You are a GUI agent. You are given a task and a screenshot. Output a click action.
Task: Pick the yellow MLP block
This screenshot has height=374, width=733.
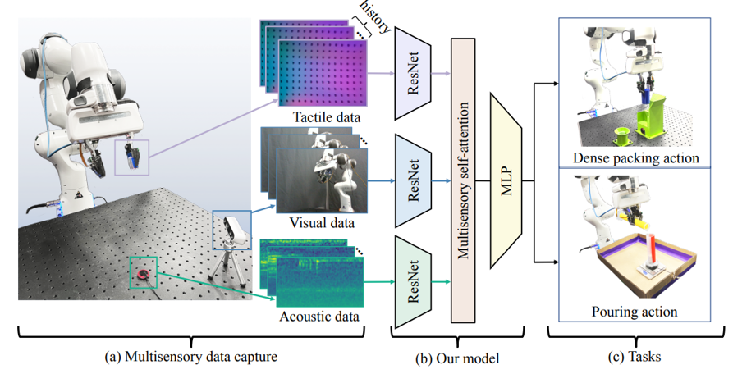pyautogui.click(x=506, y=180)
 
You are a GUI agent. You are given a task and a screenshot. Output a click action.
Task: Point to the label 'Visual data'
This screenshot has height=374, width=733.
pyautogui.click(x=322, y=221)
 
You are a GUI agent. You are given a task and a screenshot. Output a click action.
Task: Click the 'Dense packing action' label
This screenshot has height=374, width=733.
pyautogui.click(x=637, y=157)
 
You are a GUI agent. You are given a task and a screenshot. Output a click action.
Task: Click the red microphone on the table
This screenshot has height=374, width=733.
pyautogui.click(x=145, y=273)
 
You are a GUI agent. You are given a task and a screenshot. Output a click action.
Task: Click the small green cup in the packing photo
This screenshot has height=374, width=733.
pyautogui.click(x=622, y=133)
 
